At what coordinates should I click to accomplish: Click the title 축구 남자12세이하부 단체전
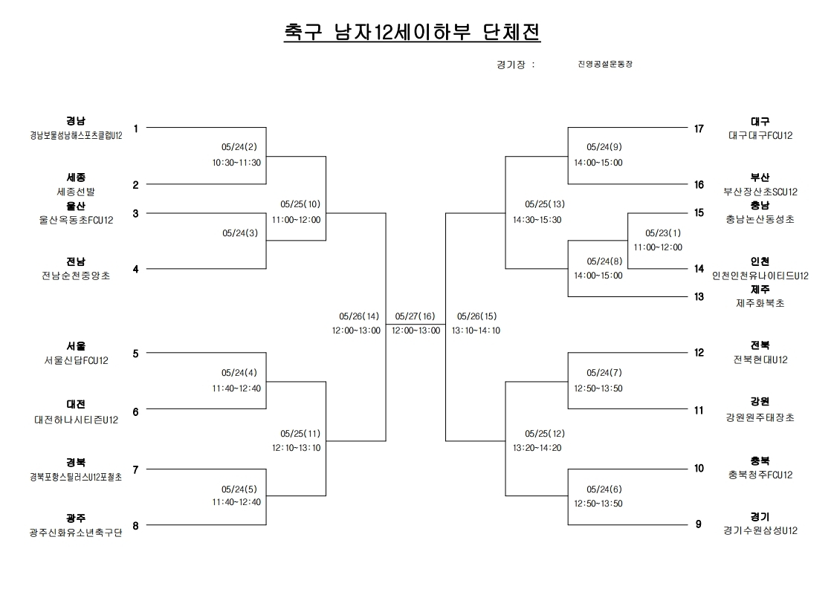click(413, 32)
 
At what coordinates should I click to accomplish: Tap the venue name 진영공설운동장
click(605, 65)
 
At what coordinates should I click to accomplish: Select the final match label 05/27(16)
click(416, 316)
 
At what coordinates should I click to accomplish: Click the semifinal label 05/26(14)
click(359, 316)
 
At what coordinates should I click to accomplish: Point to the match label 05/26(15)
click(476, 316)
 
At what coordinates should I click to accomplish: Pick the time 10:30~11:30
click(236, 163)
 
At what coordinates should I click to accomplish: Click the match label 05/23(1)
click(663, 232)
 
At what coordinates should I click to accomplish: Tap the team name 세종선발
click(76, 192)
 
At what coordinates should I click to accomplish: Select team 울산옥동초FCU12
click(76, 220)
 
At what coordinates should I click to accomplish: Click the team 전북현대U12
click(760, 360)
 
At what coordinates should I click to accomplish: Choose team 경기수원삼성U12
click(760, 530)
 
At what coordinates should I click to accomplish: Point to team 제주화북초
click(760, 303)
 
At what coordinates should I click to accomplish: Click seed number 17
click(699, 129)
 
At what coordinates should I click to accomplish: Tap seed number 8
click(135, 526)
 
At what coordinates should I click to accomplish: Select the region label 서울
click(76, 346)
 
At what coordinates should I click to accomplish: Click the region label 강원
click(760, 402)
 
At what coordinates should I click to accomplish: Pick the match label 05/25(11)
click(300, 434)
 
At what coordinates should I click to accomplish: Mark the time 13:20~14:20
click(537, 448)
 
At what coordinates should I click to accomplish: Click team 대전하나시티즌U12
click(76, 420)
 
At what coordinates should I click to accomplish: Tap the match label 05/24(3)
click(240, 232)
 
